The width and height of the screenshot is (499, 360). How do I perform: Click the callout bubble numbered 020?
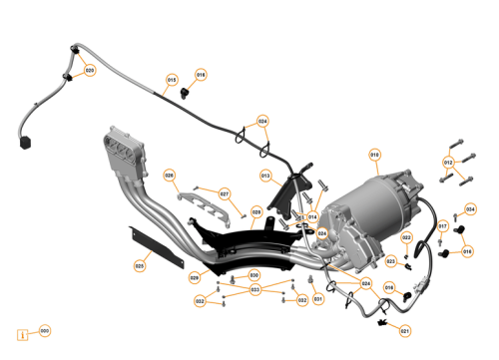pyautogui.click(x=90, y=71)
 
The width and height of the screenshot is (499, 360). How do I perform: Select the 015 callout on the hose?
pyautogui.click(x=171, y=81)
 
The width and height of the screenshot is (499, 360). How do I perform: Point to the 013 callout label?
pyautogui.click(x=266, y=177)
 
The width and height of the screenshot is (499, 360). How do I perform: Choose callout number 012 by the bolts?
pyautogui.click(x=448, y=163)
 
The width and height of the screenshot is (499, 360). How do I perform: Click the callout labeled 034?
pyautogui.click(x=471, y=210)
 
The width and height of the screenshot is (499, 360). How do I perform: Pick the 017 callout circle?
pyautogui.click(x=443, y=226)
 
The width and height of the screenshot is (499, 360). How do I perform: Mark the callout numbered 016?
pyautogui.click(x=467, y=251)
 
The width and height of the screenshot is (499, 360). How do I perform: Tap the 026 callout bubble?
pyautogui.click(x=169, y=176)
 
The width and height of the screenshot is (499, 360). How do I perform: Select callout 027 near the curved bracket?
pyautogui.click(x=225, y=193)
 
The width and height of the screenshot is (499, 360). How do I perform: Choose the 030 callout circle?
pyautogui.click(x=253, y=275)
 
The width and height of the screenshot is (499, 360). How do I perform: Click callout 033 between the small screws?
pyautogui.click(x=255, y=290)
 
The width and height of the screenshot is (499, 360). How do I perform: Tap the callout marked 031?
pyautogui.click(x=318, y=298)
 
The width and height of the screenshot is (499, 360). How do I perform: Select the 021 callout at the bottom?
pyautogui.click(x=404, y=331)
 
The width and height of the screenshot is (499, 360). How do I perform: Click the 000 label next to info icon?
pyautogui.click(x=43, y=331)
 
